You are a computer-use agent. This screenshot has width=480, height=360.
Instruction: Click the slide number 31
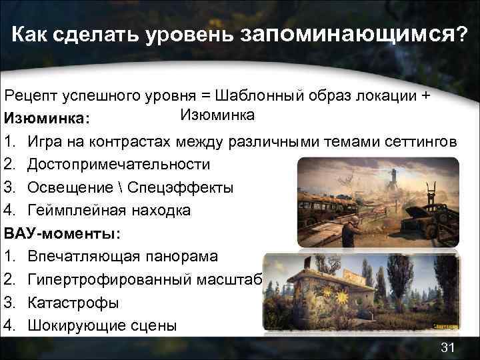point(447,347)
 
